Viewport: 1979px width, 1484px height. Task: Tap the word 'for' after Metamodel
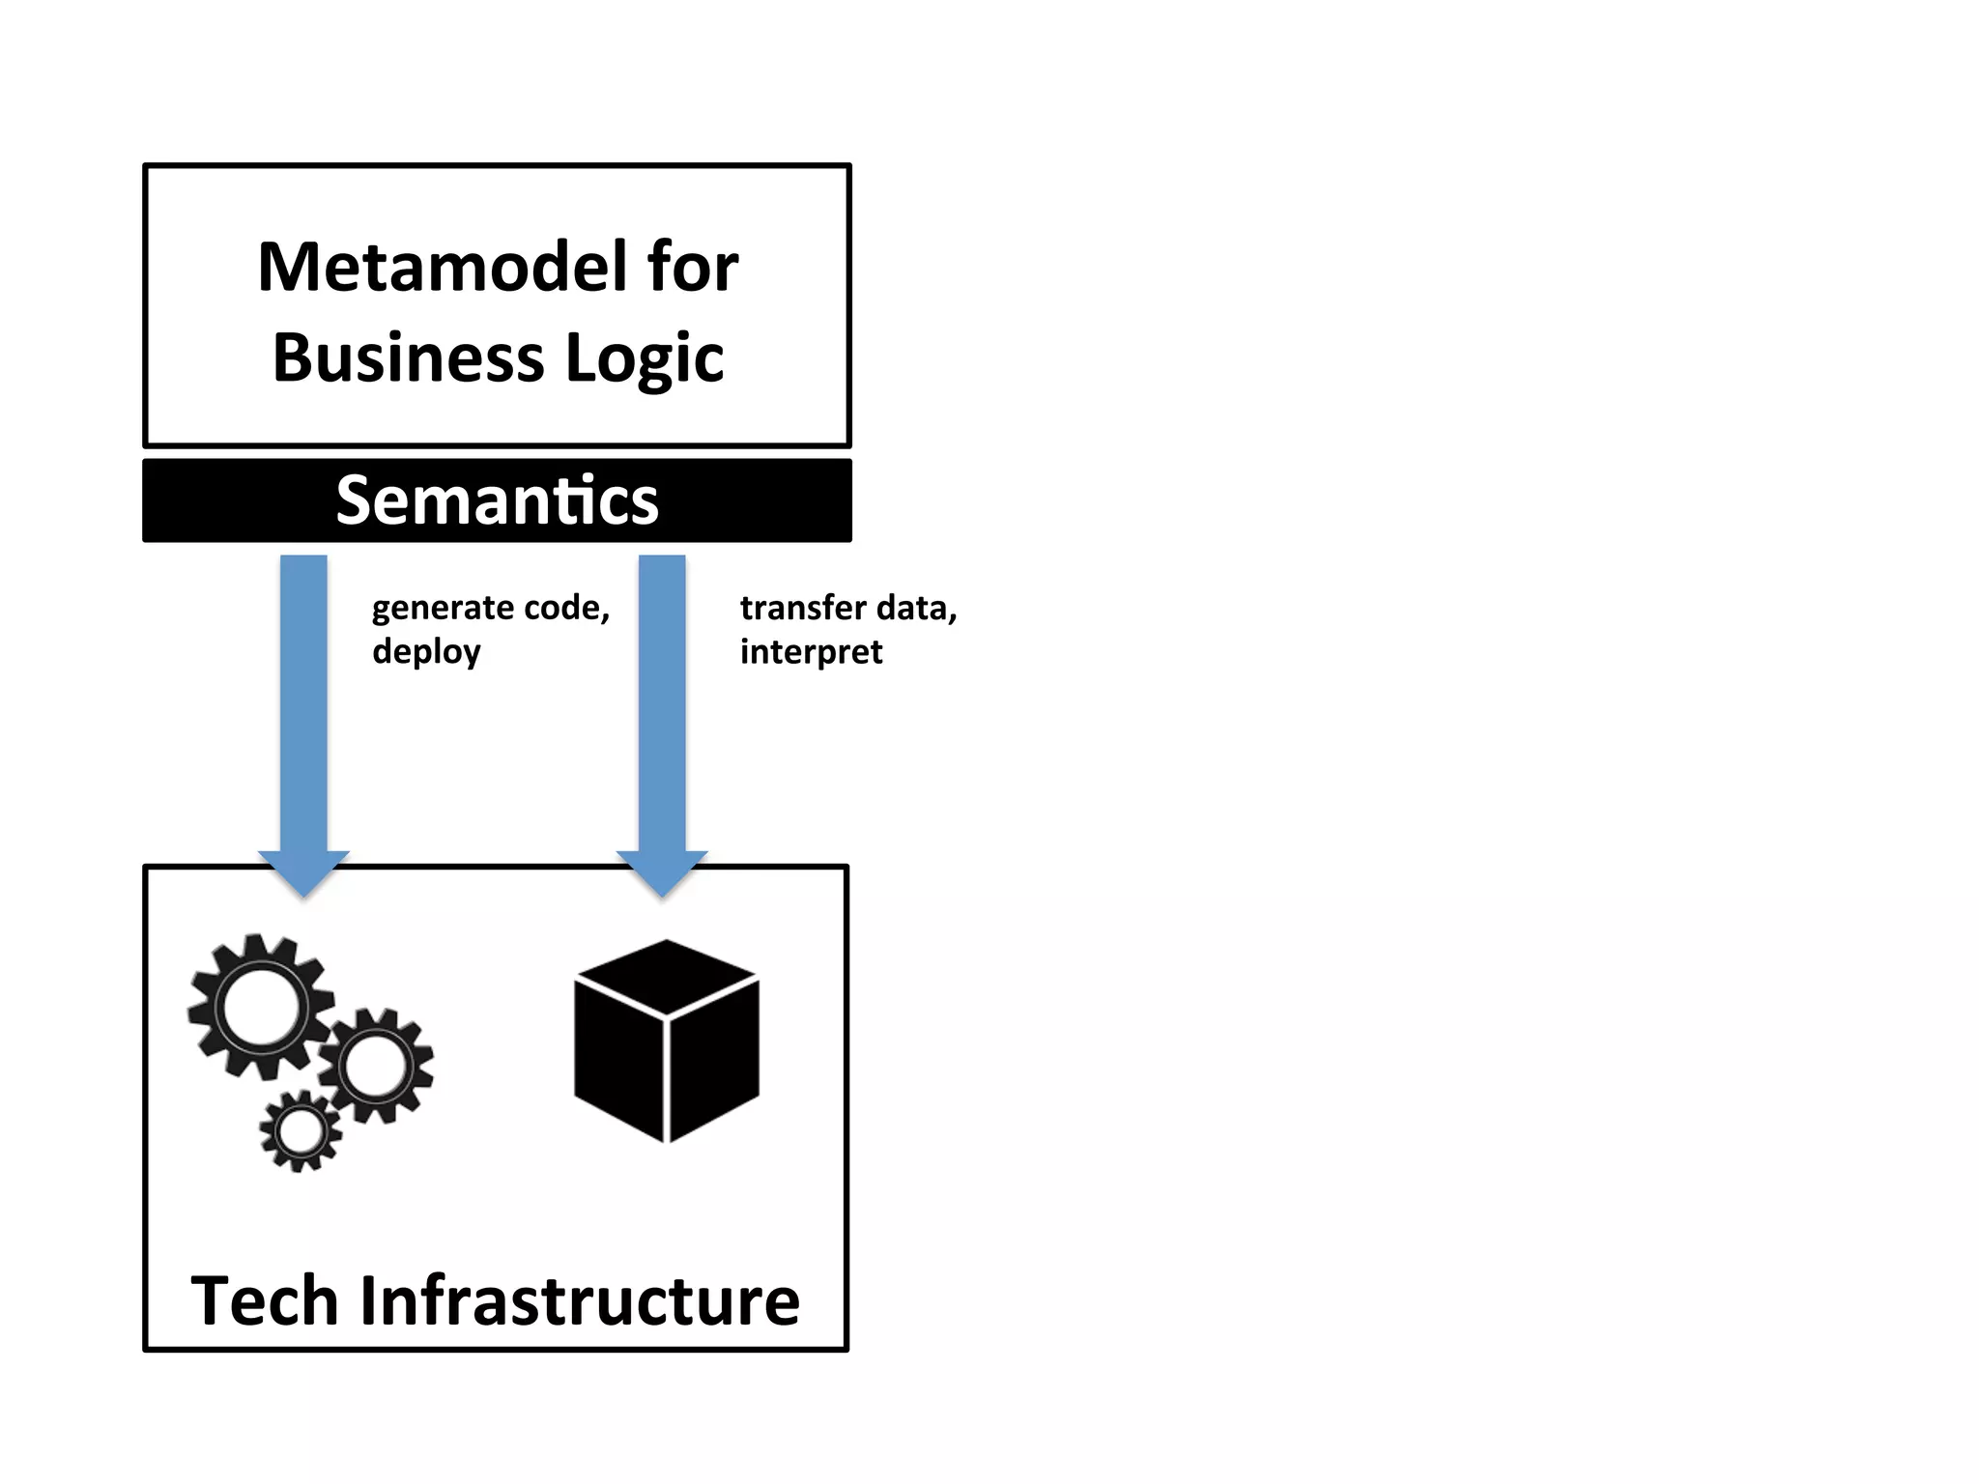pos(693,268)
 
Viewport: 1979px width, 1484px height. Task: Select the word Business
pos(408,357)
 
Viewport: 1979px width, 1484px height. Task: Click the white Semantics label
pos(497,500)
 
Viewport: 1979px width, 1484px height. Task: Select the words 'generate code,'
pos(491,608)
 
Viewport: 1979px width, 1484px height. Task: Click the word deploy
pos(426,652)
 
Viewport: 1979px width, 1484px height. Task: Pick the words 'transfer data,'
pos(848,608)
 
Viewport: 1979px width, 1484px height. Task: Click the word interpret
pos(811,652)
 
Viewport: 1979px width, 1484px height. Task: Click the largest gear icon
pos(261,1007)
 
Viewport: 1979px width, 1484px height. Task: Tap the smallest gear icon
pos(301,1131)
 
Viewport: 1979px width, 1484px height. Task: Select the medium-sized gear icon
pos(376,1066)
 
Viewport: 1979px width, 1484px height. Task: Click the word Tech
pos(263,1301)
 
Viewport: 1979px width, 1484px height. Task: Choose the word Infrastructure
pos(580,1301)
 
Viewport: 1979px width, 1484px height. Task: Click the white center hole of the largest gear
pos(261,1008)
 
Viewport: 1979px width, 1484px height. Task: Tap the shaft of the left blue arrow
pos(303,705)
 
